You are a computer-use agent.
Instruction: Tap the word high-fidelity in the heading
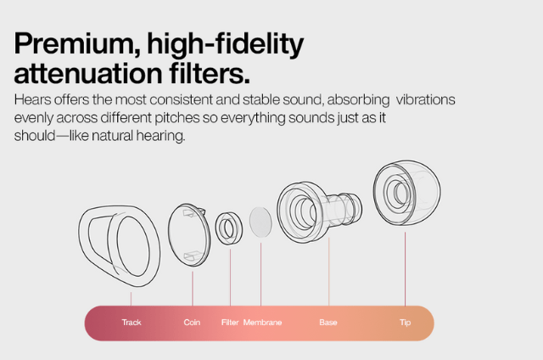click(x=226, y=45)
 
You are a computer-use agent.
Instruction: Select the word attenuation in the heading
click(x=88, y=73)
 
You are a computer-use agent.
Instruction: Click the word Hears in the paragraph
click(x=32, y=100)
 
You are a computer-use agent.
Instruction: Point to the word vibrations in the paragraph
click(x=426, y=100)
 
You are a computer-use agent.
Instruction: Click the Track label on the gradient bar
click(x=132, y=323)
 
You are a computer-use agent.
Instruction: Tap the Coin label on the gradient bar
click(x=192, y=323)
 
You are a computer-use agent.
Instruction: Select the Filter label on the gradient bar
click(x=230, y=323)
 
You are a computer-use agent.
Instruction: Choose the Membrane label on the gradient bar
click(x=262, y=323)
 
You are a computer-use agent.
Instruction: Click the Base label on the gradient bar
click(x=328, y=323)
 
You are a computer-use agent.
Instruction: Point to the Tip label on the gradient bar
click(x=406, y=323)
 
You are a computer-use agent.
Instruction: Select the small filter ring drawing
click(x=217, y=228)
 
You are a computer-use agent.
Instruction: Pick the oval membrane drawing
click(x=260, y=222)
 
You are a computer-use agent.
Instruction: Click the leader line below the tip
click(x=405, y=269)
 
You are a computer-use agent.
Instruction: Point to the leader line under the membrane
click(x=260, y=274)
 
